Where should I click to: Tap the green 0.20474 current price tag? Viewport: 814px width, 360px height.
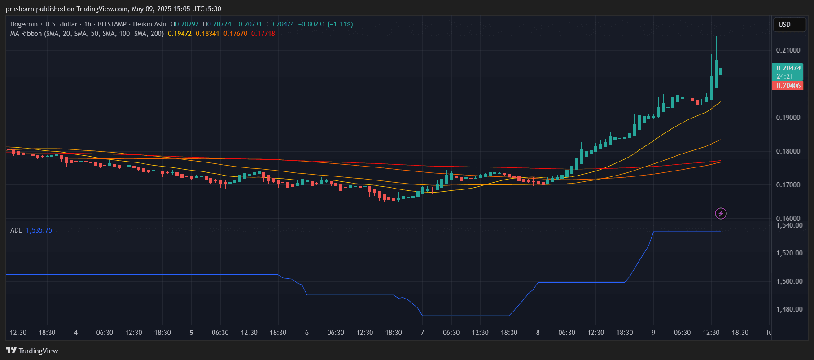tap(788, 68)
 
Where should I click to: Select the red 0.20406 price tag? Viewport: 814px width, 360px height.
tap(788, 86)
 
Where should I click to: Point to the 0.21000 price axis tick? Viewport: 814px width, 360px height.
tap(788, 50)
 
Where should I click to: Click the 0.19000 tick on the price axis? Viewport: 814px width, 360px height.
tap(788, 118)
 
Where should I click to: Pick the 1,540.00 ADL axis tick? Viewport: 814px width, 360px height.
tap(789, 225)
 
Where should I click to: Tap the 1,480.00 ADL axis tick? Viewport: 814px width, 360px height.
tap(789, 309)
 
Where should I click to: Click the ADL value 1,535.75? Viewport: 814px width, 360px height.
tap(39, 230)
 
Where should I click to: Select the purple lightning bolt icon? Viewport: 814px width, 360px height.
tap(721, 213)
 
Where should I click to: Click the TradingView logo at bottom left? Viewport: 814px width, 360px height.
tap(32, 351)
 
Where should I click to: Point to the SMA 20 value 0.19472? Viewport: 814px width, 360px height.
tap(179, 34)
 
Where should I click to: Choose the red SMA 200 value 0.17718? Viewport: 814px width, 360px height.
tap(263, 34)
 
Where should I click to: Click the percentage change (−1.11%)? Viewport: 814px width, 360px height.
tap(340, 24)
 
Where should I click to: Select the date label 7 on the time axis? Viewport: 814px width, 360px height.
tap(422, 333)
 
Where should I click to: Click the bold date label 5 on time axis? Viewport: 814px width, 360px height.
tap(192, 333)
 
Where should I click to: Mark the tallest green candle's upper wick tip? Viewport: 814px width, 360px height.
tap(716, 37)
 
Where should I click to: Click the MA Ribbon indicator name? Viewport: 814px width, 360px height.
tap(26, 34)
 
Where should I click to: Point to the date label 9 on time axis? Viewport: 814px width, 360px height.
tap(653, 333)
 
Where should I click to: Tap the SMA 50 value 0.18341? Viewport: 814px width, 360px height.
tap(207, 34)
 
